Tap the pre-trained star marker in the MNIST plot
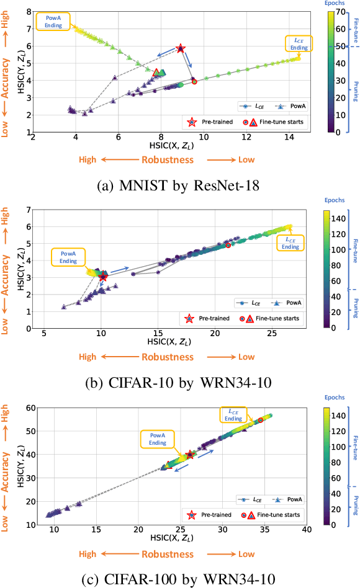pos(181,48)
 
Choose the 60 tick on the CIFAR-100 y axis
pos(27,407)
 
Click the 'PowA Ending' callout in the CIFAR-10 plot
pos(69,257)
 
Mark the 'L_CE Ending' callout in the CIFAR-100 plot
pos(233,415)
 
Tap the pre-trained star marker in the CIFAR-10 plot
pos(102,277)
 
